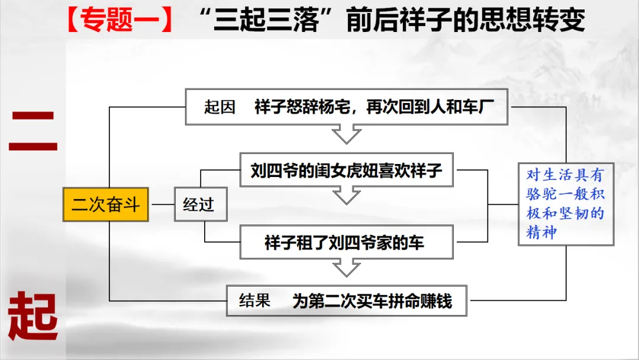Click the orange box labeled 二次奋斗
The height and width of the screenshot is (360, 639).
pos(106,205)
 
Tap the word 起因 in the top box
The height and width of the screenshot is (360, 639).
pos(220,107)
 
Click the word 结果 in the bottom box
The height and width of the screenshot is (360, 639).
pos(254,301)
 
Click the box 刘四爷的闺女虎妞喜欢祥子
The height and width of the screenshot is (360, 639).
pos(346,171)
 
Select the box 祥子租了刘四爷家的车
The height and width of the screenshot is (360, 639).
pos(346,242)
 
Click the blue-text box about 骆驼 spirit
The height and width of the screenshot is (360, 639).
pos(566,204)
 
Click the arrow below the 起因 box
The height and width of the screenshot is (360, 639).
pos(346,134)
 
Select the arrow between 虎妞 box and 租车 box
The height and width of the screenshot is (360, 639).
pos(346,196)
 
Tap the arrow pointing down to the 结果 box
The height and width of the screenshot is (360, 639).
pos(346,268)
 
